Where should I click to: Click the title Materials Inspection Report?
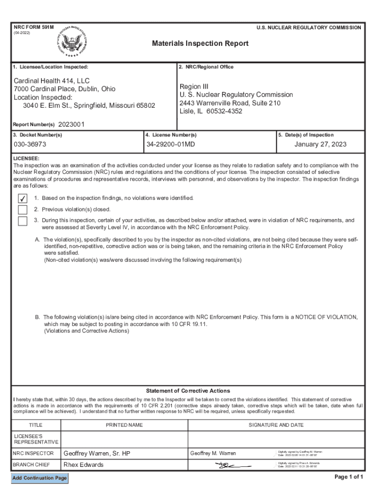point(200,44)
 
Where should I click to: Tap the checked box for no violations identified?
point(22,198)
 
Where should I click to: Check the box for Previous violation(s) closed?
point(22,210)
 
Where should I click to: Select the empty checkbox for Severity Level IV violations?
point(22,221)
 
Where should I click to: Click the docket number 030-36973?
point(30,145)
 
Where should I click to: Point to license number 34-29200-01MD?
point(170,145)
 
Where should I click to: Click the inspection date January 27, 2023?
point(320,145)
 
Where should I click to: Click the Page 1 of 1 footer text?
point(349,477)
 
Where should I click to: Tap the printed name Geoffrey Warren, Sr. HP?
point(97,454)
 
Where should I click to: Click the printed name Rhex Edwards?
point(84,465)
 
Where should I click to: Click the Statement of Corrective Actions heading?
point(188,391)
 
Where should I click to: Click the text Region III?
point(193,86)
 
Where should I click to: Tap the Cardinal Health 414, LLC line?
point(51,80)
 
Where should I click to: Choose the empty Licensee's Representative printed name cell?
point(124,438)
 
